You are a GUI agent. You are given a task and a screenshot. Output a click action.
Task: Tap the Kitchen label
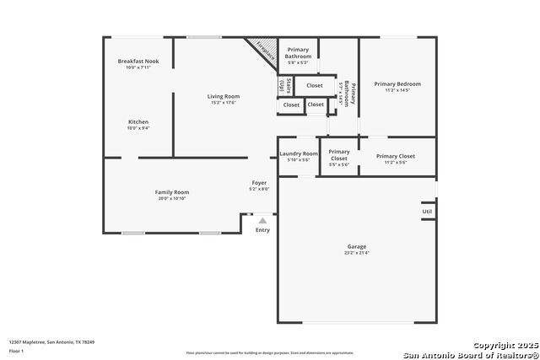pos(138,121)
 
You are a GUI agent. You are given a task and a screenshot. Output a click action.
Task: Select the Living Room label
pos(224,96)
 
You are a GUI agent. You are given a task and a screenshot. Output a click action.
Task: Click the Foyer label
pos(259,183)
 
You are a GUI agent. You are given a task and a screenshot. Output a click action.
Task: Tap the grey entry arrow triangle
pos(262,220)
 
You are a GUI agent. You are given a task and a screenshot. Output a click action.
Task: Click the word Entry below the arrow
pos(262,230)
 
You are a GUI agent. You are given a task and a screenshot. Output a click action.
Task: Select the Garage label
pos(357,246)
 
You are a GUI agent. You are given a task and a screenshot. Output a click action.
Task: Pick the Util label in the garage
pos(428,212)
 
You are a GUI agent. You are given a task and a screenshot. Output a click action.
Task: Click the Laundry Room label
pos(299,153)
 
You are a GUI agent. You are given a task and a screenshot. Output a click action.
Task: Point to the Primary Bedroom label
pos(397,83)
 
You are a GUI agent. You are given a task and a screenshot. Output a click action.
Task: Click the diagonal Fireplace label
pos(264,51)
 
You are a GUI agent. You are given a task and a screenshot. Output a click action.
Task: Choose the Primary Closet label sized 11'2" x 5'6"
pos(396,156)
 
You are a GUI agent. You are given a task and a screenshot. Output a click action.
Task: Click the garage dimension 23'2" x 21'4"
pos(357,252)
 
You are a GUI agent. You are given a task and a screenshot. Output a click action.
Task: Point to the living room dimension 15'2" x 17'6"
pos(224,103)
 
